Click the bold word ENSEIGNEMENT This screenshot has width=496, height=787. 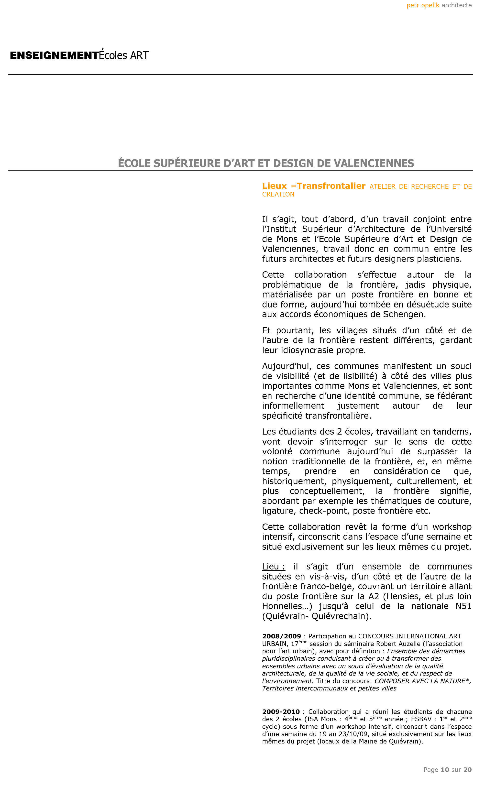click(54, 55)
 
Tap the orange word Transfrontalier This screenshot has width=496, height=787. click(331, 186)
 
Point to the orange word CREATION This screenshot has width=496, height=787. click(278, 195)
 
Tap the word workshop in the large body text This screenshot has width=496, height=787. click(452, 527)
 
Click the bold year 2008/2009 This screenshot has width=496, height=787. click(281, 636)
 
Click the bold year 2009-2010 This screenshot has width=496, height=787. click(281, 712)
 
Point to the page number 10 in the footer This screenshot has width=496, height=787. click(445, 770)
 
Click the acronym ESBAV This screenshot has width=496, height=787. click(421, 719)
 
